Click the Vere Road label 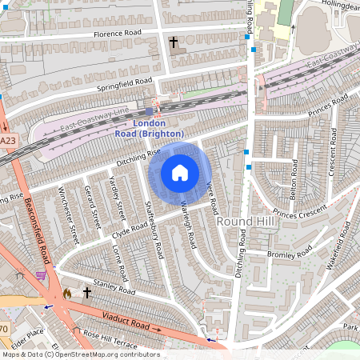click(x=211, y=194)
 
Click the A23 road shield click(x=7, y=141)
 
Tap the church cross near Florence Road click(x=173, y=42)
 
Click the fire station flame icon click(x=66, y=294)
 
